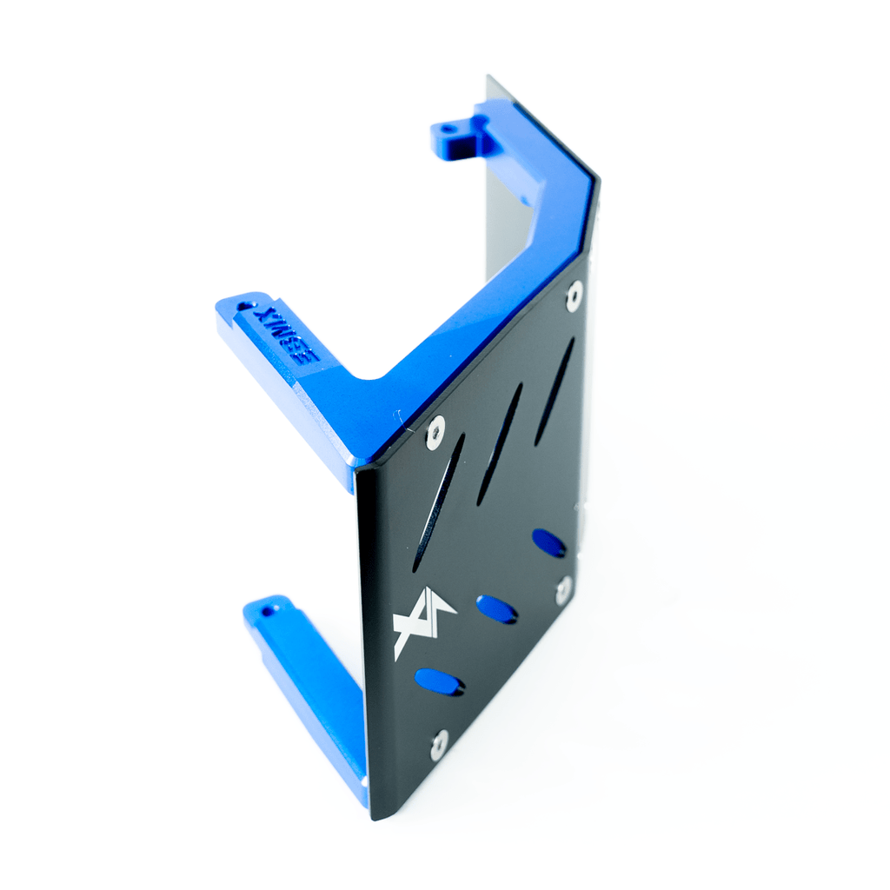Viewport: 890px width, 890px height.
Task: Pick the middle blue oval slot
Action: coord(497,608)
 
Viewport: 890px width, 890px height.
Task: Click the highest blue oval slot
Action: coord(548,543)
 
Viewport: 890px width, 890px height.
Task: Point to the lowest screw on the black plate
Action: coord(440,743)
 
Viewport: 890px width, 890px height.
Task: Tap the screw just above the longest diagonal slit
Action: coord(435,430)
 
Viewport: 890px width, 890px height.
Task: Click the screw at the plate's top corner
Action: coord(574,296)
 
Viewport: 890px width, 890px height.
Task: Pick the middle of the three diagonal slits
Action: coord(500,444)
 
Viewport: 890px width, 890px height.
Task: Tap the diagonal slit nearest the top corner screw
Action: coord(554,392)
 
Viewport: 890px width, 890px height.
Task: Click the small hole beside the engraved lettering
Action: coord(243,307)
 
